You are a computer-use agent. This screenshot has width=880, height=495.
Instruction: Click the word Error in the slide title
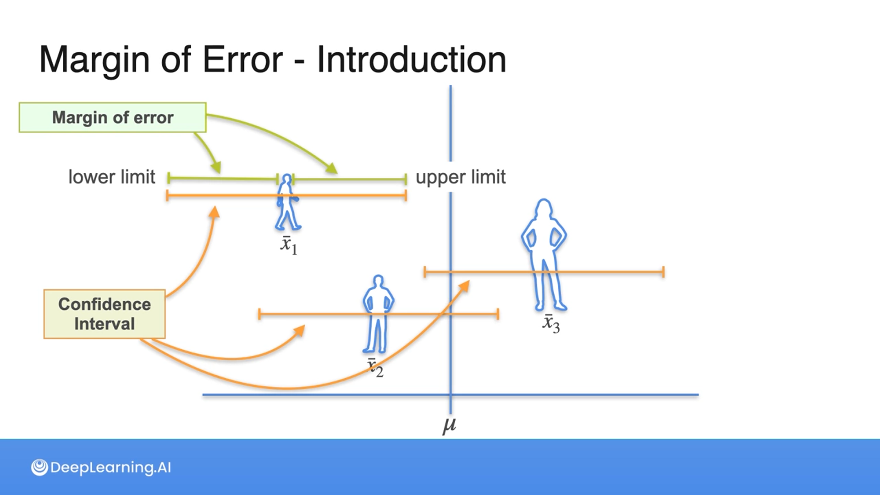coord(242,60)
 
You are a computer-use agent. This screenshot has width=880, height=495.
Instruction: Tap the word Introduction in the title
coord(411,60)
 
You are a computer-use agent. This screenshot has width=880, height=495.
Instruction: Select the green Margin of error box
coord(112,117)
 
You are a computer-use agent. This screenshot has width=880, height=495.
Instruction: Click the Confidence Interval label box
coord(104,314)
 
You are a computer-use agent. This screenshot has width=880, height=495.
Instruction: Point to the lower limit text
coord(111,177)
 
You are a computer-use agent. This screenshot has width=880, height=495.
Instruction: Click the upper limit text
coord(460,177)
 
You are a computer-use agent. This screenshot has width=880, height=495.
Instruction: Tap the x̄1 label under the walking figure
coord(288,245)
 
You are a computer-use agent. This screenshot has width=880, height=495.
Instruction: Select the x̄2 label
coord(375,368)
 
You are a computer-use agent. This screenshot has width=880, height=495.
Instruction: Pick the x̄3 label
coord(550,323)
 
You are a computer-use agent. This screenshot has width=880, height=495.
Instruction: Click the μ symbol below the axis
coord(449,425)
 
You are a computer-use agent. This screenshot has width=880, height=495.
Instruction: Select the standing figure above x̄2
coord(378,314)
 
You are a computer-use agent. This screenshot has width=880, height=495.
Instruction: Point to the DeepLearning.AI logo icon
coord(39,467)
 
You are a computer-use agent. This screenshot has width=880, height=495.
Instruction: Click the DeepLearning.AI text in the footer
coord(110,467)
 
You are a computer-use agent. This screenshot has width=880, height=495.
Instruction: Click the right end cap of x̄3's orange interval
coord(663,272)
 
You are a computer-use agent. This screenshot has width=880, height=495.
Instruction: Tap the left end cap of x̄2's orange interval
coord(259,314)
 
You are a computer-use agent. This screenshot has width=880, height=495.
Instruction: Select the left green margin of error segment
coord(223,178)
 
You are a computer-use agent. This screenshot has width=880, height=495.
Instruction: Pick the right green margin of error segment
coord(349,179)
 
